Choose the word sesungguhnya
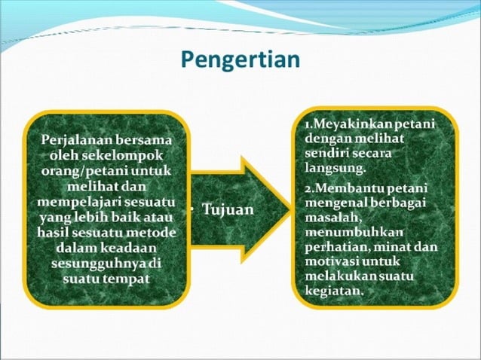pos(97,264)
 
